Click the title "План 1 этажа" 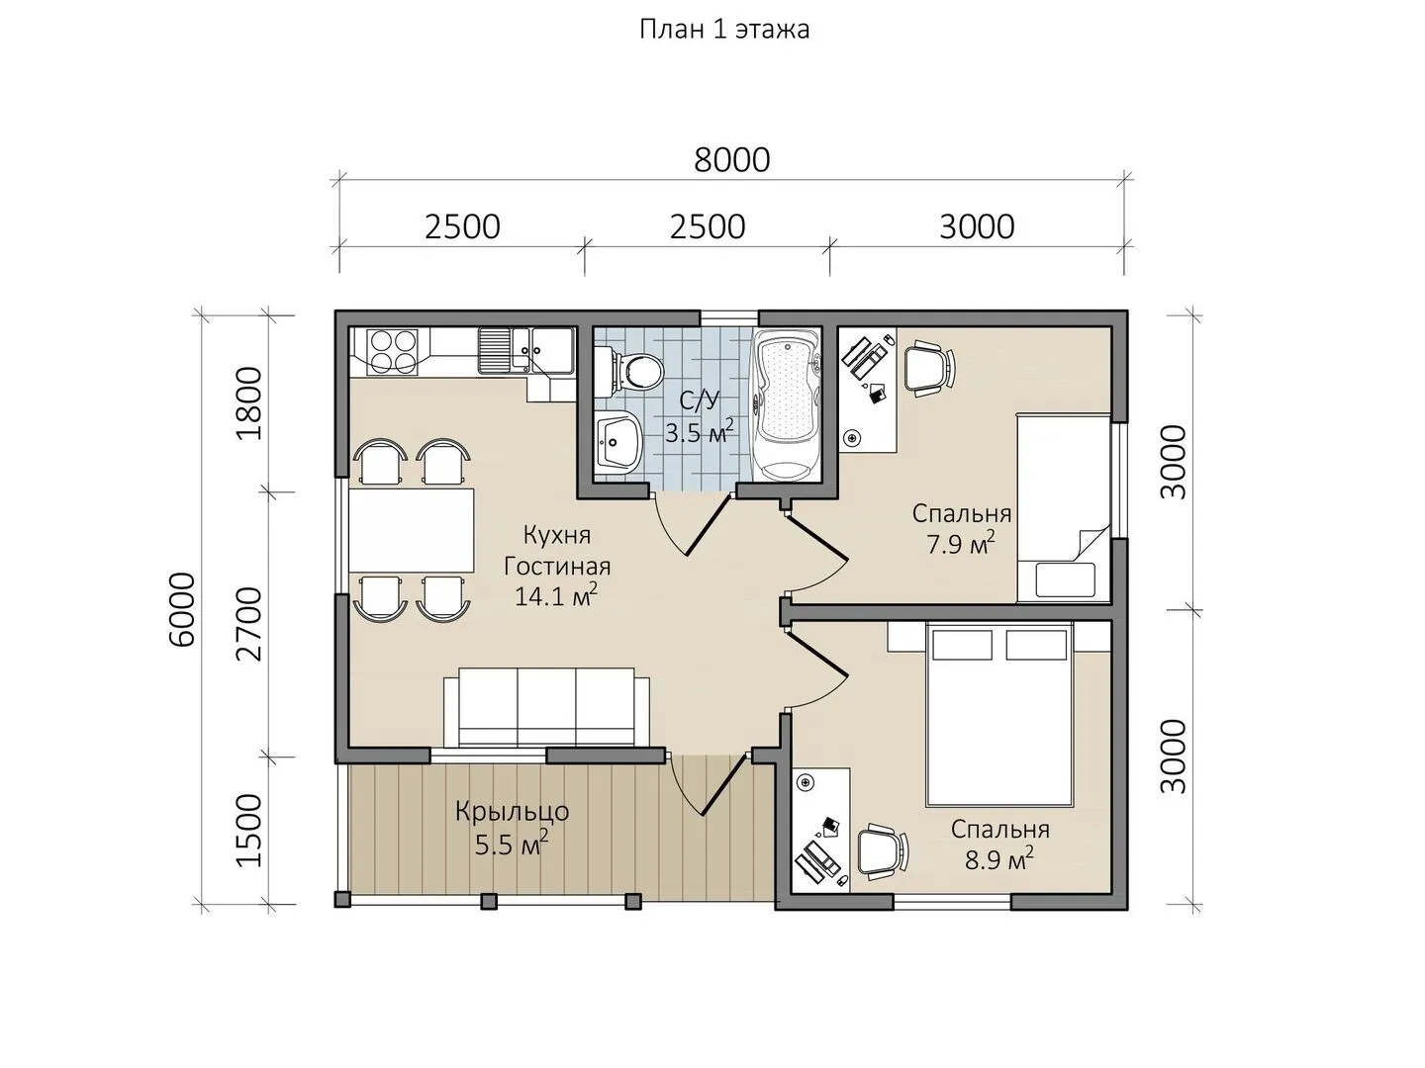tap(724, 30)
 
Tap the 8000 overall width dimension tap(731, 160)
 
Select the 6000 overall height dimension tap(181, 609)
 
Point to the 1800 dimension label tap(249, 403)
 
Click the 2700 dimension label tap(249, 624)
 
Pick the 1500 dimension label tap(249, 831)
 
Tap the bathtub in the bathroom tap(787, 405)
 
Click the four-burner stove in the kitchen tap(391, 351)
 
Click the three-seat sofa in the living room tap(546, 708)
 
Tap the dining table tap(412, 530)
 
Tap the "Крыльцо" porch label tap(513, 812)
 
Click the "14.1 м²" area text tap(556, 596)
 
